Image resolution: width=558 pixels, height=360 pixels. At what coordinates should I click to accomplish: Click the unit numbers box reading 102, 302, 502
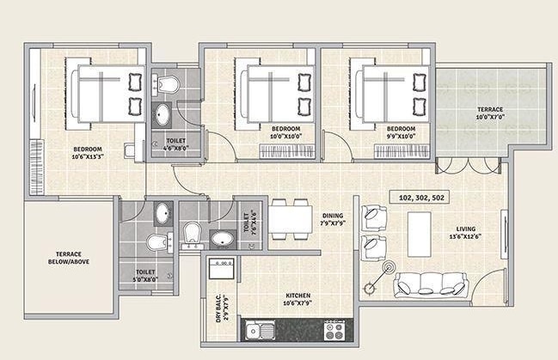[420, 198]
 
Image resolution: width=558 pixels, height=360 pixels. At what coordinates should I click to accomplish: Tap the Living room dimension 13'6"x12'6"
[466, 236]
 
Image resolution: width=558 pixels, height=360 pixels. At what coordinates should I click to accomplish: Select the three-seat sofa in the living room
[431, 285]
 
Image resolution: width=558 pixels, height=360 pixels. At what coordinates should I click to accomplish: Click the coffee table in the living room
[420, 235]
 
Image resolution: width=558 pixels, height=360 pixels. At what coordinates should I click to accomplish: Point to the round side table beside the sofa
[389, 266]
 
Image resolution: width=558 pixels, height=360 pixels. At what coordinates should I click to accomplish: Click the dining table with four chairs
[290, 219]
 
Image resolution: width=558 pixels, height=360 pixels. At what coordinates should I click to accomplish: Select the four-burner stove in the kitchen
[334, 331]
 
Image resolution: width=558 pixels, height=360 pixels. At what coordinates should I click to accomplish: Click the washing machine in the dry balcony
[221, 268]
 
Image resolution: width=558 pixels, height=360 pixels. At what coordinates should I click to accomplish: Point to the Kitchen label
[298, 296]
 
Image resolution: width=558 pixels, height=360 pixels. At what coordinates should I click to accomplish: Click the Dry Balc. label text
[218, 308]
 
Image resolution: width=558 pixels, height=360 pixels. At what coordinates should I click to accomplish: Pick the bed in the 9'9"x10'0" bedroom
[390, 94]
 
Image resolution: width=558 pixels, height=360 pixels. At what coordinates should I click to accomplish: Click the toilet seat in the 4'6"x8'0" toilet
[168, 83]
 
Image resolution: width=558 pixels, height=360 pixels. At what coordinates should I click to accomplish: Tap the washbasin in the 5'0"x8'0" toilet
[163, 213]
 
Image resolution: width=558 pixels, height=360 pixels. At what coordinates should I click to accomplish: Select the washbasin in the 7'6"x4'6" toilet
[223, 239]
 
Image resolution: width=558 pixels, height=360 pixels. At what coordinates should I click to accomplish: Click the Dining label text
[333, 216]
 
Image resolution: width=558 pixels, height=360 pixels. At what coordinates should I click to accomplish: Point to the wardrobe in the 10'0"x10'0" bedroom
[287, 151]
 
